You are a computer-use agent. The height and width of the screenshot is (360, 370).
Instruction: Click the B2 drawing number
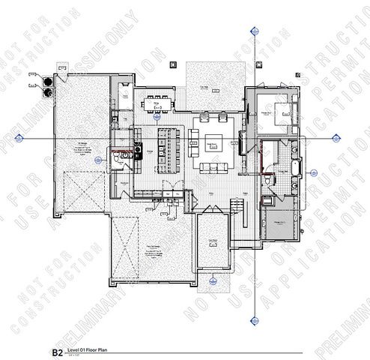pyautogui.click(x=56, y=351)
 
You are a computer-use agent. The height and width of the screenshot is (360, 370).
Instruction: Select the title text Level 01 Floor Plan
pyautogui.click(x=88, y=350)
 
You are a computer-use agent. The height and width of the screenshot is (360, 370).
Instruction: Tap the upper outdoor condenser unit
pyautogui.click(x=48, y=81)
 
